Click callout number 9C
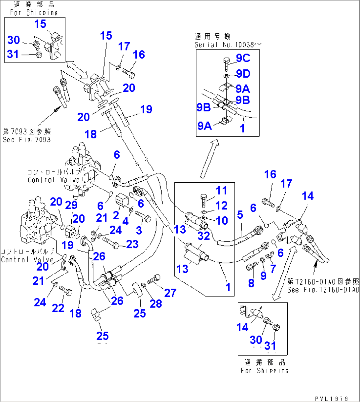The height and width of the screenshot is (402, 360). [243, 58]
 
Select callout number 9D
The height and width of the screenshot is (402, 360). [243, 74]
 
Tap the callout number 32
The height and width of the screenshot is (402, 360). [204, 236]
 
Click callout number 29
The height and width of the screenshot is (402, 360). [71, 205]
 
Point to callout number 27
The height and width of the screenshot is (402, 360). [170, 293]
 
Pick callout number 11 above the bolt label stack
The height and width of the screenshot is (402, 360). [221, 191]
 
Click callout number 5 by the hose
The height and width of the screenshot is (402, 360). [240, 215]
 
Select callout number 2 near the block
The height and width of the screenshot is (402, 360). [116, 215]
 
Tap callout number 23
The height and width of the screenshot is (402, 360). [132, 244]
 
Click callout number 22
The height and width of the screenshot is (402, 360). [58, 308]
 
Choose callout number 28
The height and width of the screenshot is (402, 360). [156, 303]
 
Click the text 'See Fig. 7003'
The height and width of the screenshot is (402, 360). [27, 140]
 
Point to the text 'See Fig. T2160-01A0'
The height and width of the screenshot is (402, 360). [323, 290]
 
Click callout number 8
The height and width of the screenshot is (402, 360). [251, 283]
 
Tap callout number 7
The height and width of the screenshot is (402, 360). [273, 269]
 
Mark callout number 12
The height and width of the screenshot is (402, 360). [221, 206]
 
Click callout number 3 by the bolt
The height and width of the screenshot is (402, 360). [139, 230]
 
